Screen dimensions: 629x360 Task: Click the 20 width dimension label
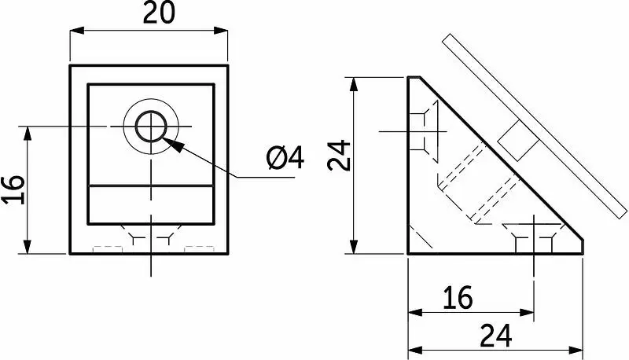[x=159, y=13]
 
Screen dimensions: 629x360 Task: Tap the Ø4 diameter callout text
[x=285, y=157]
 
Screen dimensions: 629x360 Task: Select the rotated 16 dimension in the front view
[x=14, y=190]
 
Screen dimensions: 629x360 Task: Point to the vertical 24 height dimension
[x=339, y=156]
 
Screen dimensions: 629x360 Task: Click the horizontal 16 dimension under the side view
[x=458, y=298]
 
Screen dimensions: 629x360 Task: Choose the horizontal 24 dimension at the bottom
[x=496, y=336]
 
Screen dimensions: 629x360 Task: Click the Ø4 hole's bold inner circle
[x=151, y=127]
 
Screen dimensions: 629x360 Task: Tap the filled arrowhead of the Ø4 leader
[x=174, y=145]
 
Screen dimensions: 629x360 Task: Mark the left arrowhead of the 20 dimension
[x=77, y=31]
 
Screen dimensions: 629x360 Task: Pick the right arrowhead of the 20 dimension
[x=221, y=31]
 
